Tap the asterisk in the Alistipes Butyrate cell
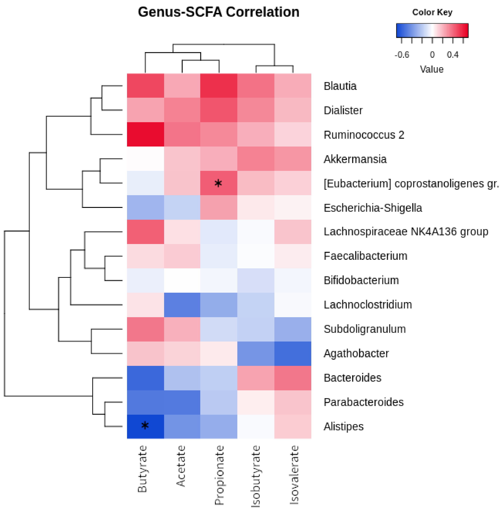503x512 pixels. point(145,425)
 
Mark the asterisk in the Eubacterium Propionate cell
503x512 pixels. point(218,183)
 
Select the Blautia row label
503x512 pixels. point(340,86)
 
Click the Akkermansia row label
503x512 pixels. point(355,159)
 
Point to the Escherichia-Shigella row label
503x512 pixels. point(373,208)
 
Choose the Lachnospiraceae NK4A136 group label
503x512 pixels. point(406,232)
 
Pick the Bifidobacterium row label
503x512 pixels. point(361,280)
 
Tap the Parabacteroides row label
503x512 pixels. point(363,402)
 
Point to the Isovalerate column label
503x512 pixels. point(294,475)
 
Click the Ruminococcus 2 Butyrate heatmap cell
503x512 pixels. point(145,134)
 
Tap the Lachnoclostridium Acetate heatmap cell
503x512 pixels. point(182,305)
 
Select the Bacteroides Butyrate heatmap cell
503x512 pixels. point(145,378)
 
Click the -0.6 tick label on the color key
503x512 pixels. point(402,55)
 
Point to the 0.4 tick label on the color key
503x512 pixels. point(452,55)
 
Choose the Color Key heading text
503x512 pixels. point(432,12)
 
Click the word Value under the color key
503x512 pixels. point(432,69)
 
